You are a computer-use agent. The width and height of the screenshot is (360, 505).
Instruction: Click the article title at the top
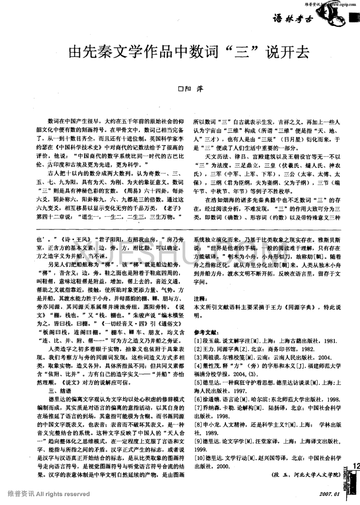tap(189, 53)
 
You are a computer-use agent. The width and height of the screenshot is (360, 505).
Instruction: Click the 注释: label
tap(203, 298)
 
